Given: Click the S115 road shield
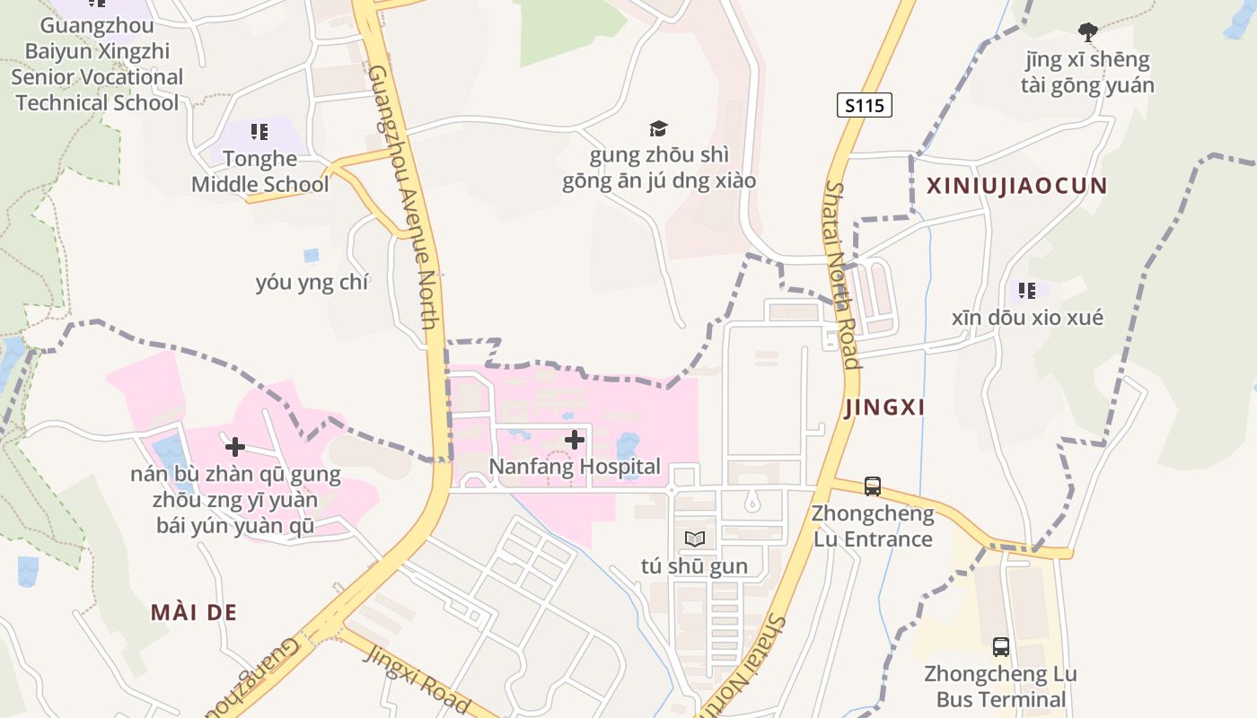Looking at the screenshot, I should click(866, 105).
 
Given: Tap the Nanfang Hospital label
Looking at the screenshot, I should click(575, 467).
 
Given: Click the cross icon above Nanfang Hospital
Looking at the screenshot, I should click(575, 440).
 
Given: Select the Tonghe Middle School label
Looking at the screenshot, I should click(259, 171).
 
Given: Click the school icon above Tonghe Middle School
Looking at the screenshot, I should click(259, 132).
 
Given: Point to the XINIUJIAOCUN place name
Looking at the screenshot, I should click(1016, 186).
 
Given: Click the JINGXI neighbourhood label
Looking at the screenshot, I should click(884, 407).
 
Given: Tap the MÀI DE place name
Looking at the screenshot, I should click(193, 612).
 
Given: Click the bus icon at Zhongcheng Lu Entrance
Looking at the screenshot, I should click(872, 486).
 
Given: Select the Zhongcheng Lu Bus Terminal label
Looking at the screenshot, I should click(1000, 687).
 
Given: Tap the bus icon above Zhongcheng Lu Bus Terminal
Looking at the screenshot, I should click(1000, 646).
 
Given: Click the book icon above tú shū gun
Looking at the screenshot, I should click(695, 538).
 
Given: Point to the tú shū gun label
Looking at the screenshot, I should click(695, 565).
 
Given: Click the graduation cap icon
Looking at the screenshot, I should click(659, 129).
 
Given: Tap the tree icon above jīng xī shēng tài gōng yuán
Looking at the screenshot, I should click(1088, 33).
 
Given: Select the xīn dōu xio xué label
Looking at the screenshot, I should click(1027, 318).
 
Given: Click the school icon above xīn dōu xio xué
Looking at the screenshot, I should click(1027, 291).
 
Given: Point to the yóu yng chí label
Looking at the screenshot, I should click(312, 283).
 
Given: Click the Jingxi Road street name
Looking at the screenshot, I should click(417, 677).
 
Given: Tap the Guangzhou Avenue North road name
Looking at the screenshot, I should click(401, 197).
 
